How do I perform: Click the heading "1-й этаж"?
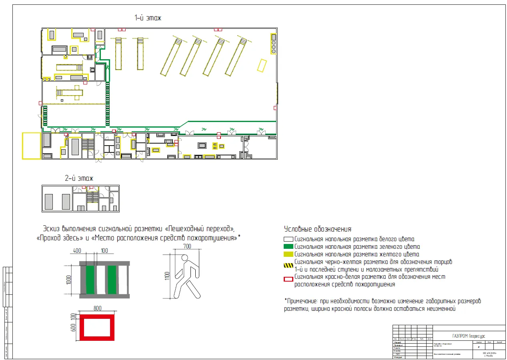point(148,18)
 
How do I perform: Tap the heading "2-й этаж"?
point(79,178)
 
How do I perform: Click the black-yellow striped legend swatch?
point(289,265)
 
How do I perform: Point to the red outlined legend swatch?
point(289,279)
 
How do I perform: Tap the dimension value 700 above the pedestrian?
point(188,246)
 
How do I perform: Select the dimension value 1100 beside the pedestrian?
point(167,276)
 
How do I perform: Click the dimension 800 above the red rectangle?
point(98,308)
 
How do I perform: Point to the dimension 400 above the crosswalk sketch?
point(77,251)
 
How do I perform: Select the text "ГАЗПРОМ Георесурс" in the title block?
point(469,336)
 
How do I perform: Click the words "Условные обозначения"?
point(318,229)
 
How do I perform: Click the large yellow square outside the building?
point(32,146)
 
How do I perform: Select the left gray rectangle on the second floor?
point(49,201)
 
